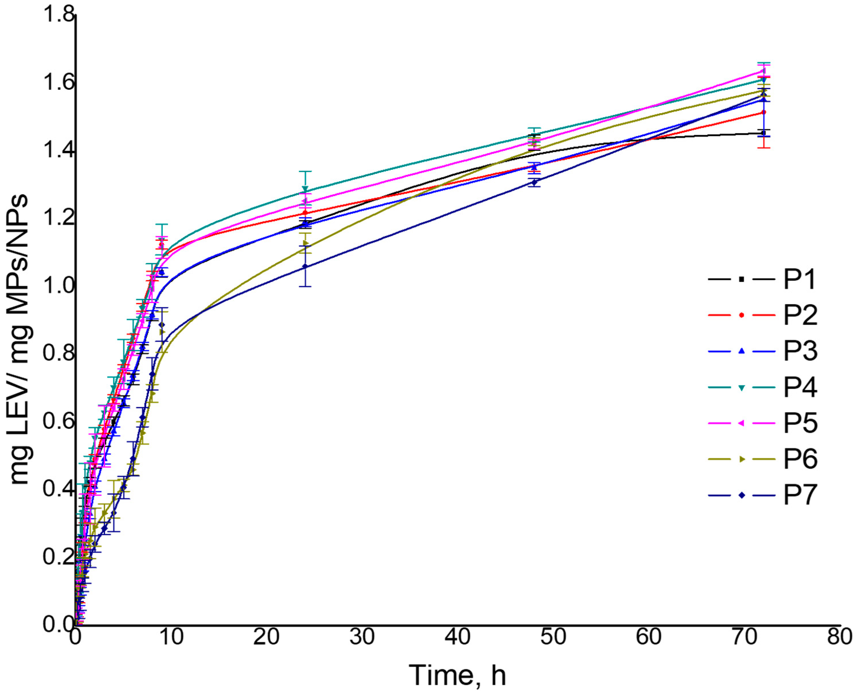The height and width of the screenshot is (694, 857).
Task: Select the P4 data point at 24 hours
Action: pos(305,189)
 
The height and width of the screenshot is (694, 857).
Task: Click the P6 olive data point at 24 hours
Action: pos(305,243)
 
